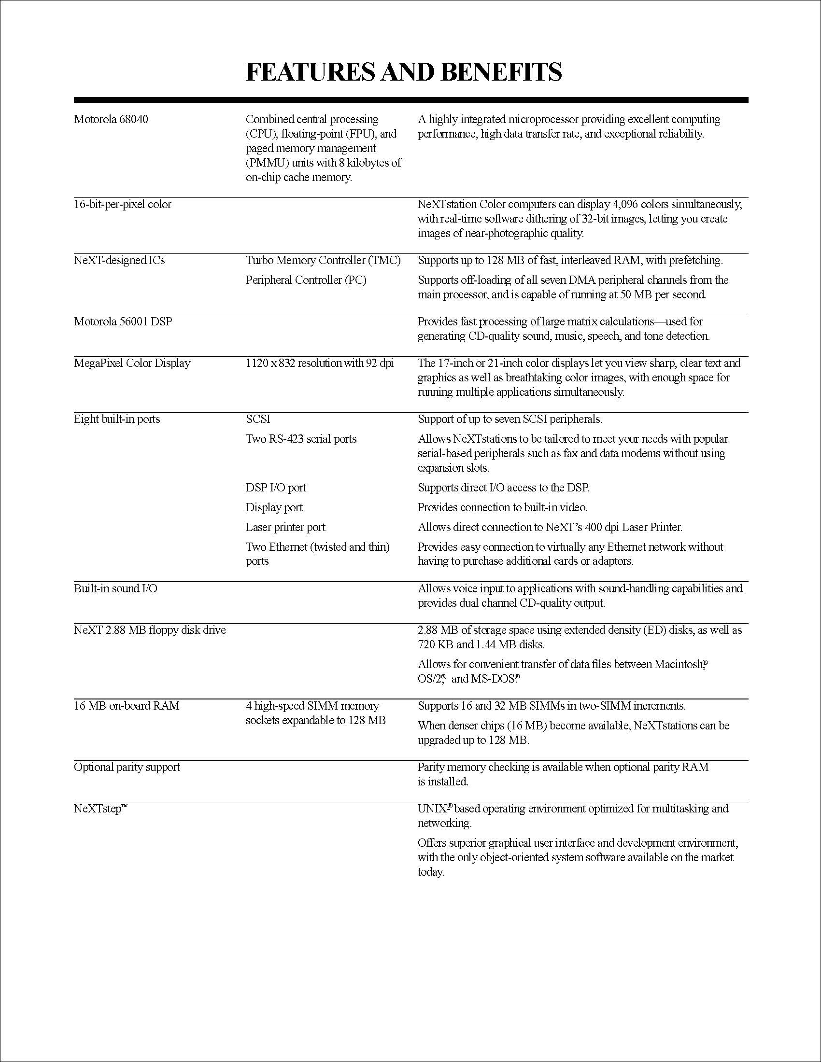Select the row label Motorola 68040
tap(111, 120)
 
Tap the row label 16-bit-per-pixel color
tap(123, 205)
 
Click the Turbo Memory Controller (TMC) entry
tap(323, 261)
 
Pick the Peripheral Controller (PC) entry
tap(306, 280)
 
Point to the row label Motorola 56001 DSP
tap(123, 322)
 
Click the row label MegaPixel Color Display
tap(132, 363)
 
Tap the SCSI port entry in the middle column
tap(258, 419)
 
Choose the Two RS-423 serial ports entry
tap(301, 439)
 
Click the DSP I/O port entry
tap(276, 488)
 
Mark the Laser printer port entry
tap(285, 528)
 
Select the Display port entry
tap(274, 508)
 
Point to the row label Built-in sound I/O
tap(116, 589)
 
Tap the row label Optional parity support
tap(127, 768)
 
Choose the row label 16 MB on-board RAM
tap(127, 706)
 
